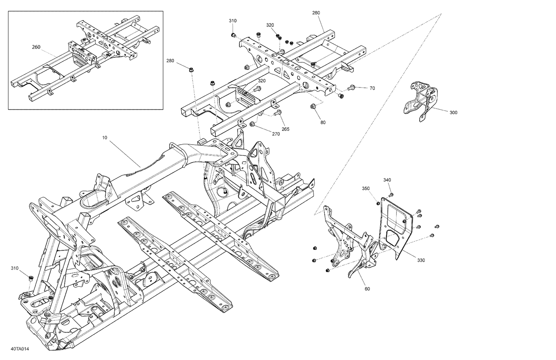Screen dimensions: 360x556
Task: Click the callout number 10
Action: click(105, 138)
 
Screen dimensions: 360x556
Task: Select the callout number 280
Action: click(170, 61)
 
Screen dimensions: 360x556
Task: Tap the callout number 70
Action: click(372, 88)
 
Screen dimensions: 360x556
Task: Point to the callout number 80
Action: click(323, 122)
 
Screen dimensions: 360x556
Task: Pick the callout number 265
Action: click(285, 129)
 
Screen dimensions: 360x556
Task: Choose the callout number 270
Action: click(276, 134)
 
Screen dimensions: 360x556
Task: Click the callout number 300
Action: click(453, 112)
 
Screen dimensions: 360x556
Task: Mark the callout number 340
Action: click(387, 180)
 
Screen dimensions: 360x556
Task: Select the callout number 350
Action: click(366, 188)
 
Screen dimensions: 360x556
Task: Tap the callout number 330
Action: click(421, 260)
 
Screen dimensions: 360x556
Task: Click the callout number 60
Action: click(367, 289)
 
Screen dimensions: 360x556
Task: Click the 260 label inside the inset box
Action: click(36, 47)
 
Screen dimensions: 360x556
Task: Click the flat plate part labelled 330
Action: click(397, 226)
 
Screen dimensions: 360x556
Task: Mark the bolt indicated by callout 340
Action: click(390, 194)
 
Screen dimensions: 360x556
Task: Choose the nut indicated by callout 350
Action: click(378, 203)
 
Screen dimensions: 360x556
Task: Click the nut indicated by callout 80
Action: click(313, 107)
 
